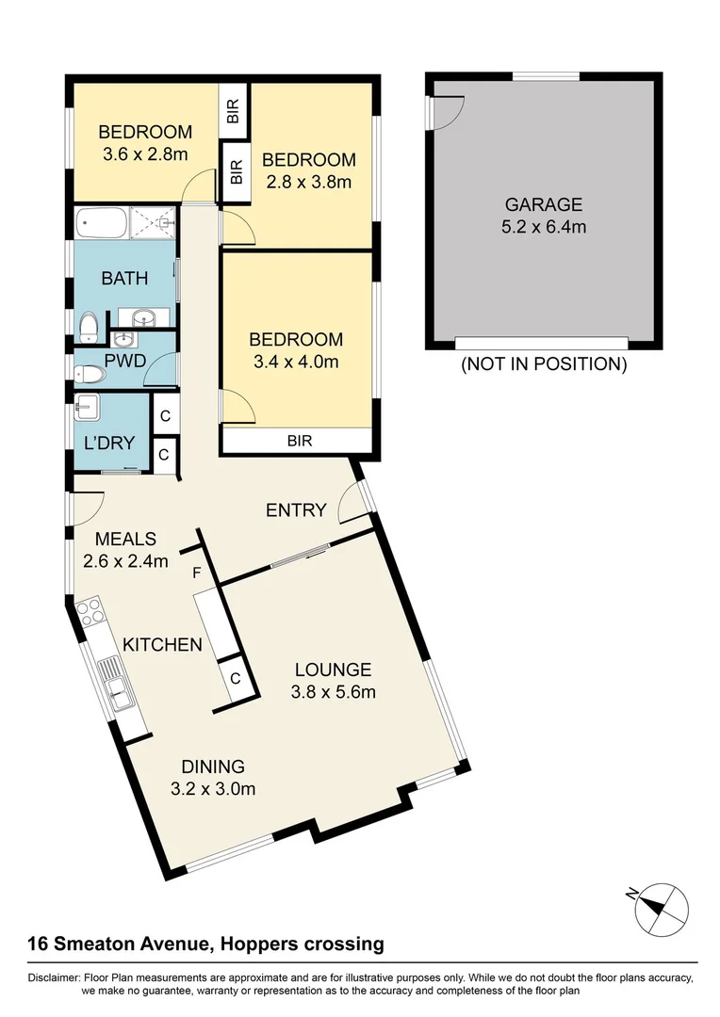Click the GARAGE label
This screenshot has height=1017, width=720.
tap(544, 204)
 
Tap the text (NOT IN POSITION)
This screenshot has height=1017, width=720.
tap(544, 364)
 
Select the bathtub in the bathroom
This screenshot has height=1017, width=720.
tap(102, 225)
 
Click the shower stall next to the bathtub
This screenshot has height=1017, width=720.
tap(153, 225)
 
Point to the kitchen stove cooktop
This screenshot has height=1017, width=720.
tap(90, 613)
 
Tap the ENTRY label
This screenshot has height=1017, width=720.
tap(296, 510)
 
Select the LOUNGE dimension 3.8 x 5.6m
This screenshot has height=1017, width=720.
tap(333, 693)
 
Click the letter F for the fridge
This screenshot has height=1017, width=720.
tap(196, 572)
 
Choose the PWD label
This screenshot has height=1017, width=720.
tap(123, 361)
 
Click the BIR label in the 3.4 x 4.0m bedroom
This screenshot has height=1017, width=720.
tap(299, 441)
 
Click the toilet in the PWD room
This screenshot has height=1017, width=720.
tap(89, 374)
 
